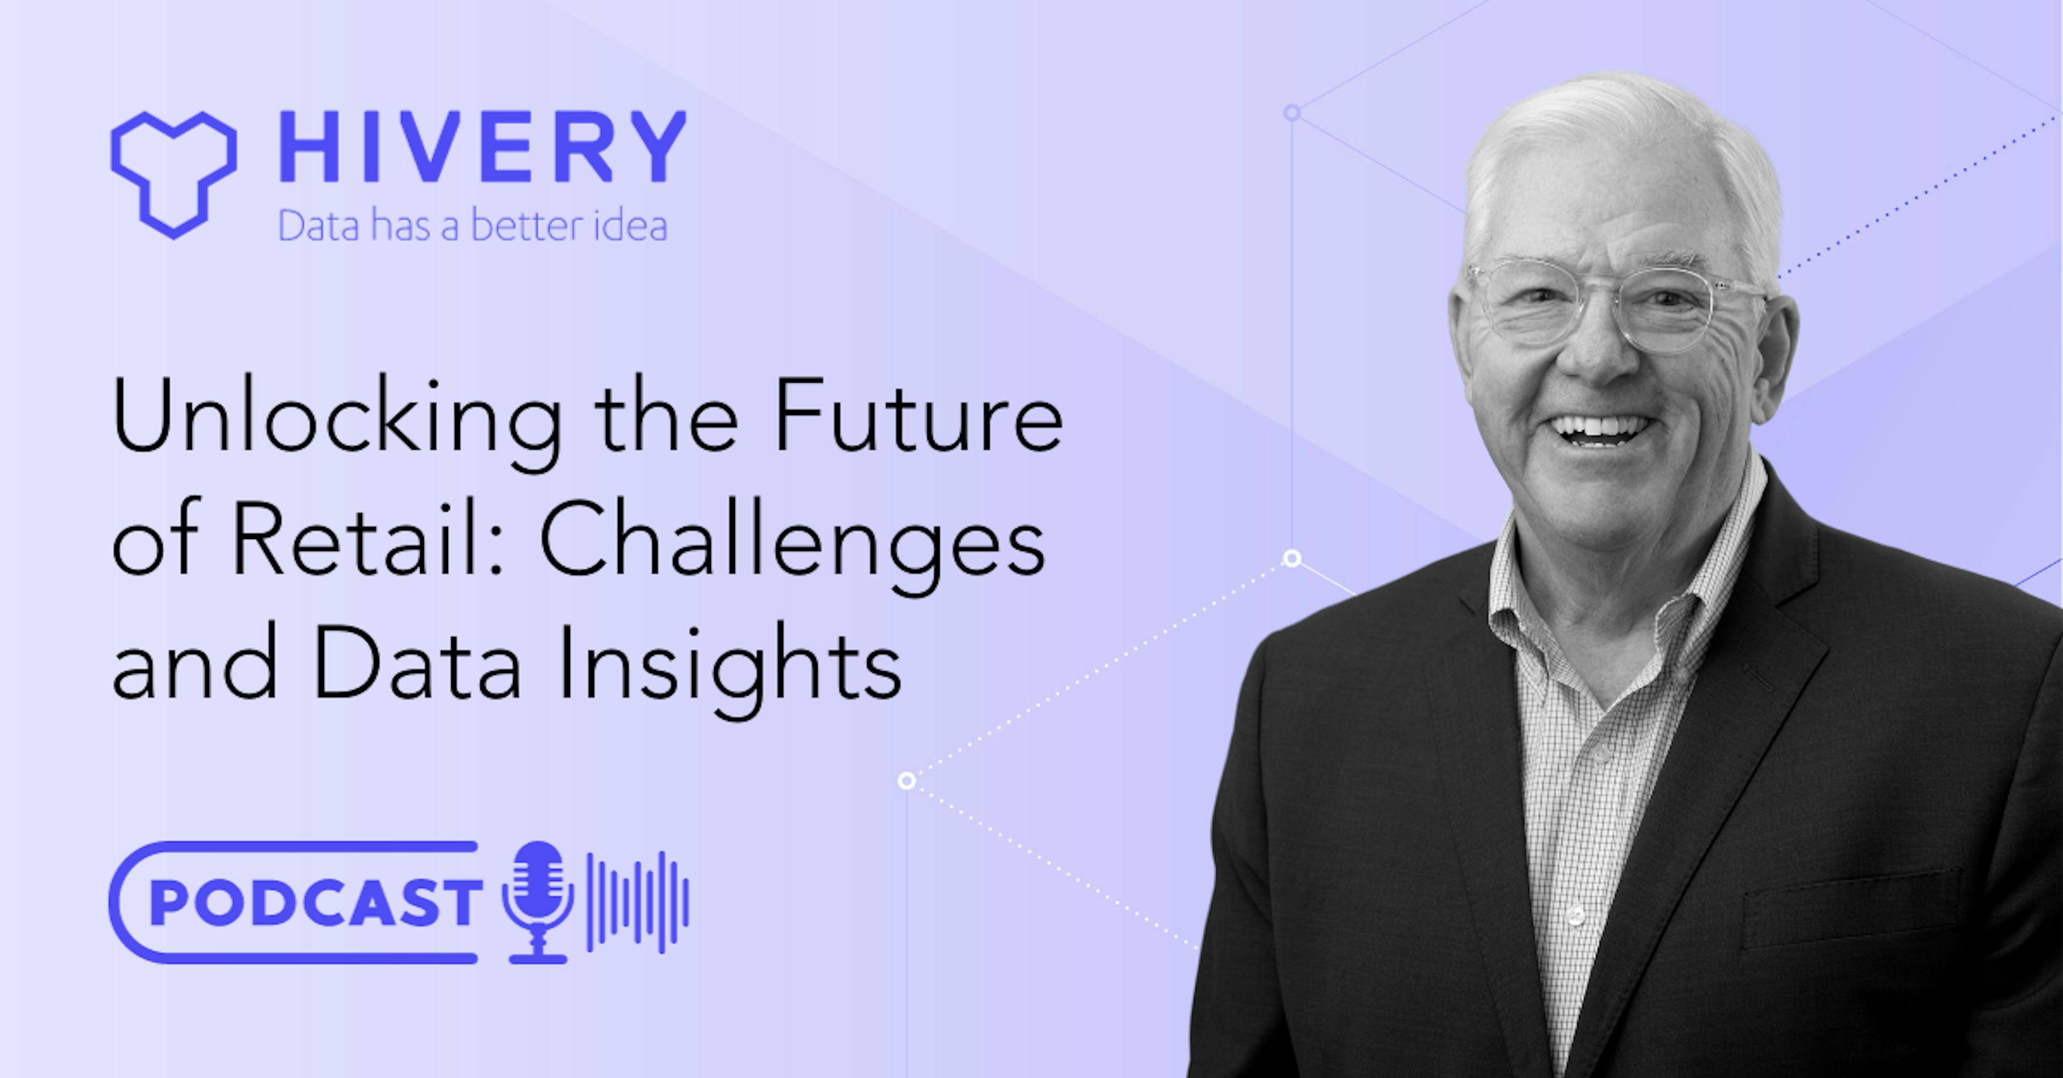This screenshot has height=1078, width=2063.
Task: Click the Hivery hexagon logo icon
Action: pyautogui.click(x=173, y=175)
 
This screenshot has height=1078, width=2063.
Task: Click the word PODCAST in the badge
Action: pyautogui.click(x=315, y=903)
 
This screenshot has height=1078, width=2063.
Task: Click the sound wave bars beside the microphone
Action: pyautogui.click(x=638, y=903)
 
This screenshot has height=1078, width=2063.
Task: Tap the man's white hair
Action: pyautogui.click(x=1618, y=136)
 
